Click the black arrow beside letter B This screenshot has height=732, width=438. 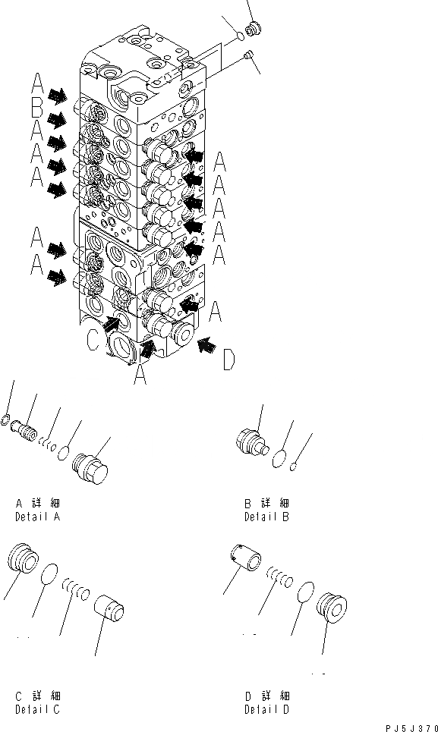tap(56, 119)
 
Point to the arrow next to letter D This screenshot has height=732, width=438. tap(204, 346)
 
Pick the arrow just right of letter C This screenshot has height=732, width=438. tap(112, 325)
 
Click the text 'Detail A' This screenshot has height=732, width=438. tap(38, 517)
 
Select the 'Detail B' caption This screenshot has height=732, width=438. tap(266, 517)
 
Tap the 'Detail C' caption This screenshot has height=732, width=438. tap(38, 709)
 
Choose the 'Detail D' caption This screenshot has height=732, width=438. tap(266, 709)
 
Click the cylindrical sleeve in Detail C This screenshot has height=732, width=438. tap(109, 609)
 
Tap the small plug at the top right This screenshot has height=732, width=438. tap(254, 29)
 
